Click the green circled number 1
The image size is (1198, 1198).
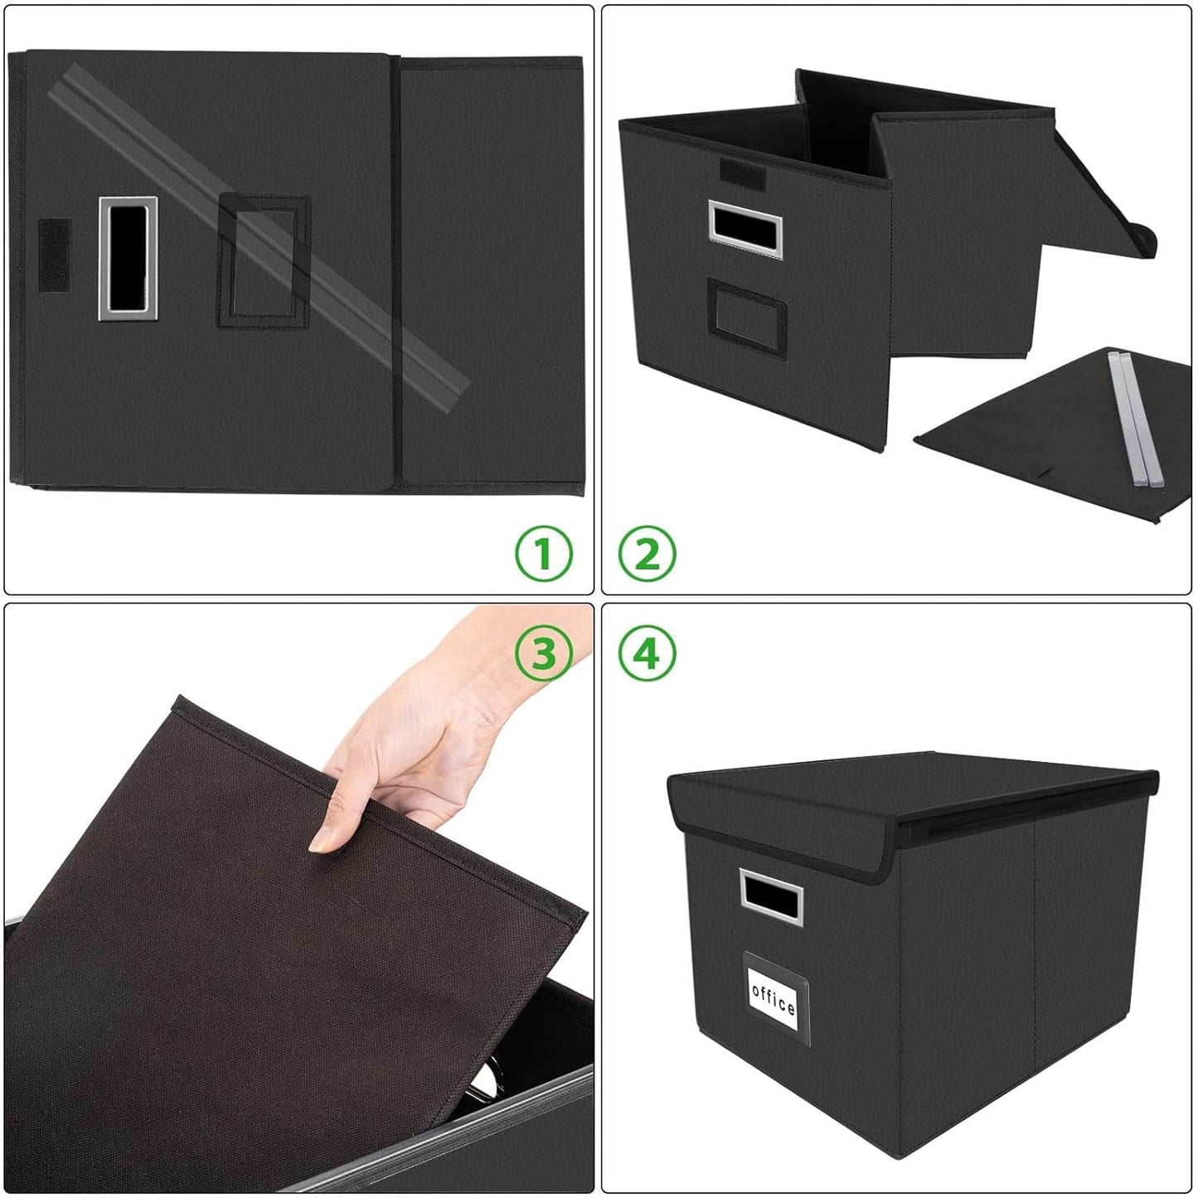pyautogui.click(x=544, y=554)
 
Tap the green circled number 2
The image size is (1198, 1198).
pyautogui.click(x=647, y=554)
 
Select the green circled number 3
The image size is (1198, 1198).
pyautogui.click(x=544, y=653)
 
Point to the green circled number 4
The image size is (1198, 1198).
pyautogui.click(x=647, y=653)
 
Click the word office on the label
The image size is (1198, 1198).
pyautogui.click(x=774, y=995)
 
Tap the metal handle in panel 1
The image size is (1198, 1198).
pyautogui.click(x=128, y=258)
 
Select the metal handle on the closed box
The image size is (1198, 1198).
pyautogui.click(x=770, y=896)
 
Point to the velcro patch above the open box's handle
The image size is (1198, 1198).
pyautogui.click(x=736, y=172)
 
